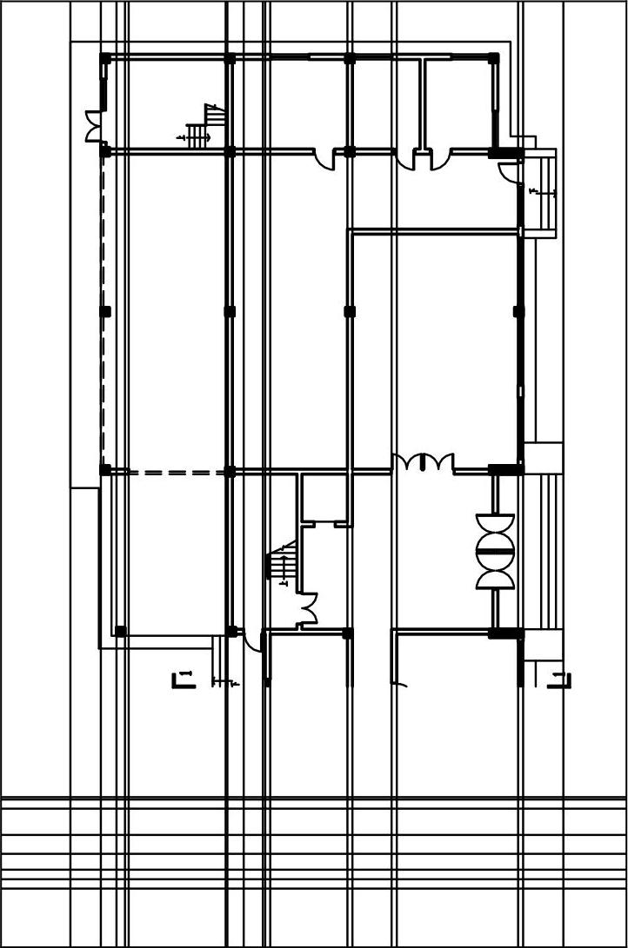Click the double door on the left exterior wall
click(93, 127)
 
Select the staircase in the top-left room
click(203, 129)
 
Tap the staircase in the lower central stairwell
click(282, 563)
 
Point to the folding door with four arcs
click(423, 461)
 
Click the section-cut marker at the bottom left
click(182, 679)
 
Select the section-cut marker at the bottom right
click(561, 680)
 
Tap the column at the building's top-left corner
click(105, 58)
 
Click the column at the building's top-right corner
click(493, 58)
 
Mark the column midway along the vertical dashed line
click(106, 311)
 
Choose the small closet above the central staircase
click(324, 498)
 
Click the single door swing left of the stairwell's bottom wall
click(252, 640)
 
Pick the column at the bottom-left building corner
click(120, 631)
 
